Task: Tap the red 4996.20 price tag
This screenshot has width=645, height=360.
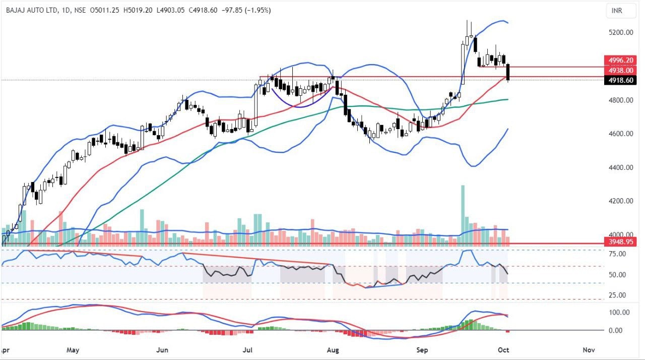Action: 622,59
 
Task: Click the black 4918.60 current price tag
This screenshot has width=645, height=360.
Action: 622,80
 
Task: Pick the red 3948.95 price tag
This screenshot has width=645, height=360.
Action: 622,243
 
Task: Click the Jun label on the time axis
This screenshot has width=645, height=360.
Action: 162,349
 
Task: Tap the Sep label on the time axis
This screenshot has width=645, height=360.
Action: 422,349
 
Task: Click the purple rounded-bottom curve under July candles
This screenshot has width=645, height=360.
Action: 301,105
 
